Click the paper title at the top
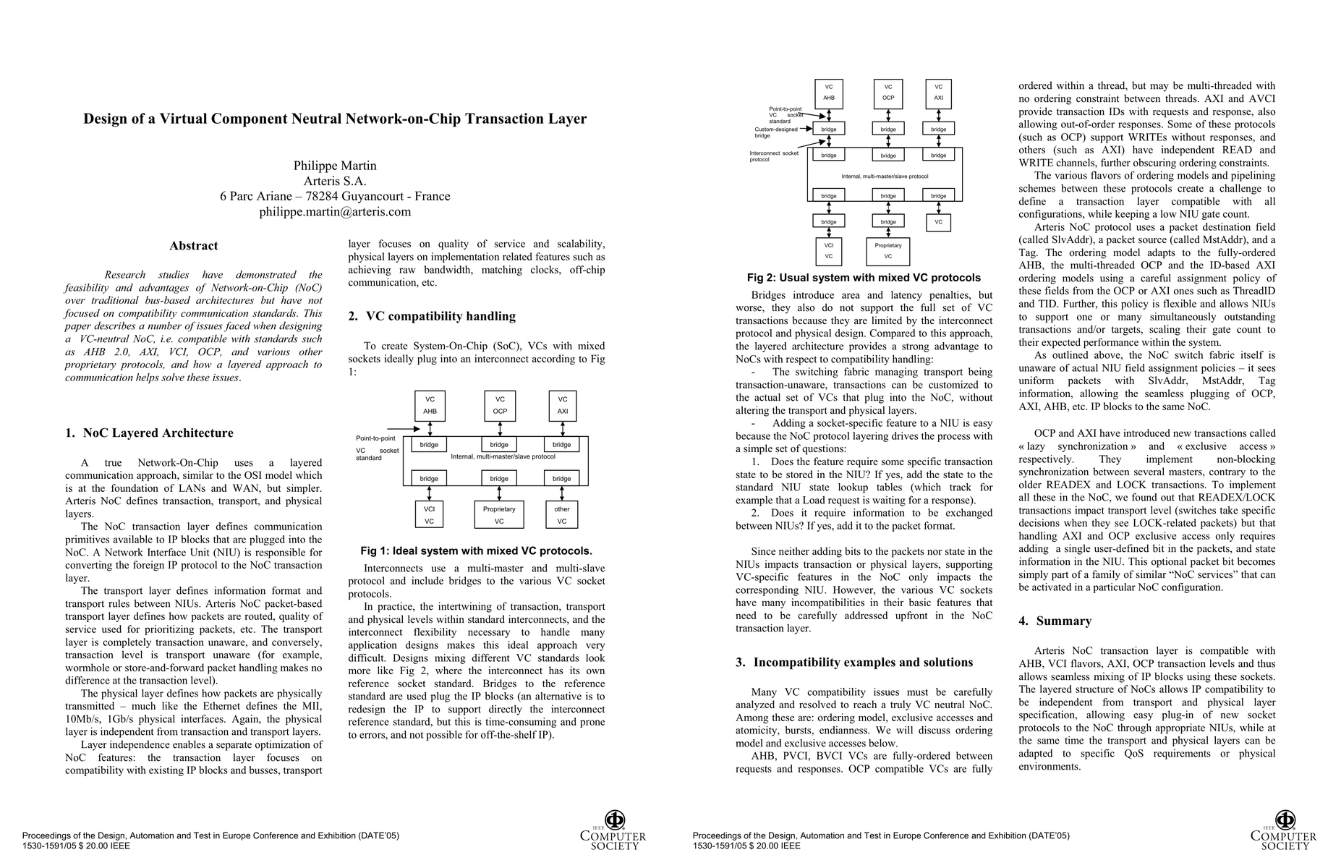point(335,119)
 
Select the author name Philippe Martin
point(335,166)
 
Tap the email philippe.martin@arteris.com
point(335,212)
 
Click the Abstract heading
point(193,246)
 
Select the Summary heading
point(1063,621)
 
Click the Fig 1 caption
point(476,551)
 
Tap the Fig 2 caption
point(864,278)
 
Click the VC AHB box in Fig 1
point(430,405)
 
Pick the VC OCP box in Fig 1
point(500,405)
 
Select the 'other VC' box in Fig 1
point(562,515)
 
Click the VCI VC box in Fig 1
point(429,515)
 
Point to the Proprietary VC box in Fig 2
point(887,251)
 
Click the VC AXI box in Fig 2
point(938,93)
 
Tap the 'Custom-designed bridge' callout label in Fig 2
point(775,132)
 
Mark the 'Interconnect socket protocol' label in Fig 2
point(774,156)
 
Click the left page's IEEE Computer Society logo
point(613,831)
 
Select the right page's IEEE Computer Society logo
point(1284,831)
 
